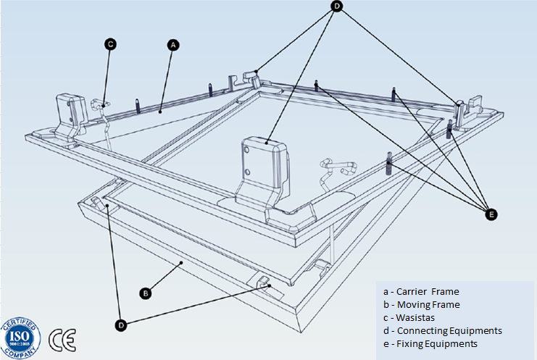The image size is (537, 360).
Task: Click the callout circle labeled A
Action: click(172, 44)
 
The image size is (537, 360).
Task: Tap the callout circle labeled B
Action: click(145, 293)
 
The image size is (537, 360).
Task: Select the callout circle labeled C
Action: click(110, 44)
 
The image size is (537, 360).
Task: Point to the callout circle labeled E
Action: click(491, 214)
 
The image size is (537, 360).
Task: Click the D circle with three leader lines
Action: click(337, 6)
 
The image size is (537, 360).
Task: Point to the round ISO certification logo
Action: click(21, 338)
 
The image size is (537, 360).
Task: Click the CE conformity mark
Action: click(62, 339)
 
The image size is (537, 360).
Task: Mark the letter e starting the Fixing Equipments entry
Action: click(385, 343)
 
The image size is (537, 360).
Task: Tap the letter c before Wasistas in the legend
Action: click(385, 318)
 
